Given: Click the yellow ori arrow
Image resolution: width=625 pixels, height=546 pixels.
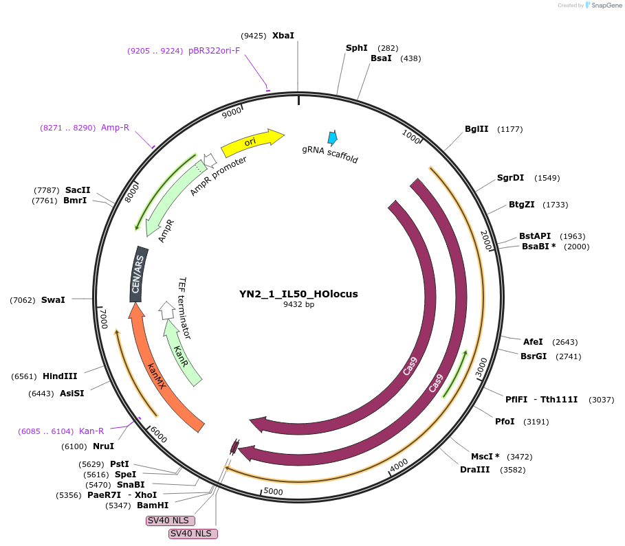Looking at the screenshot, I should click(x=252, y=141).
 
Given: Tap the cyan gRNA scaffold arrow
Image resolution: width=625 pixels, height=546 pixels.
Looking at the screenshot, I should click(x=333, y=137).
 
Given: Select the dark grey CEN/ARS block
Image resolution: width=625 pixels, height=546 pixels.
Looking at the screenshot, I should click(x=140, y=274).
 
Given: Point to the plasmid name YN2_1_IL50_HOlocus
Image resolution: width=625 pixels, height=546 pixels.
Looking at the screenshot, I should click(x=298, y=294).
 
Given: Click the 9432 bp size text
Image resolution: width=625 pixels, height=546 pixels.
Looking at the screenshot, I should click(x=298, y=304).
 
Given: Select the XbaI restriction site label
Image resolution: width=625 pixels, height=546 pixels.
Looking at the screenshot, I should click(x=283, y=35).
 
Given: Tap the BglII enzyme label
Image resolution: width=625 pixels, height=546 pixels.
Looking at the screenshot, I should click(x=476, y=128).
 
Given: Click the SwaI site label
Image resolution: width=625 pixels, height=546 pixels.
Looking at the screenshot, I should click(x=53, y=299).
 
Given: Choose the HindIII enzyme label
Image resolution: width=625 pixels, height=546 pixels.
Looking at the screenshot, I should click(x=60, y=376).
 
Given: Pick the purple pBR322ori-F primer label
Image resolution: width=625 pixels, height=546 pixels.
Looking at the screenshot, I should click(x=214, y=50).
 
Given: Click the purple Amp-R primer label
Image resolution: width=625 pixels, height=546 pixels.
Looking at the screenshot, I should click(x=115, y=127).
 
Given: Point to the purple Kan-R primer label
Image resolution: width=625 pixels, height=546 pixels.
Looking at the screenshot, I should click(x=91, y=431).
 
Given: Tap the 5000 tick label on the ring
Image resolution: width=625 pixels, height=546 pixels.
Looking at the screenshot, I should click(x=273, y=492).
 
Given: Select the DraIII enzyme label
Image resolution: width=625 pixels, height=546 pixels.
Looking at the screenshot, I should click(x=473, y=470).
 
